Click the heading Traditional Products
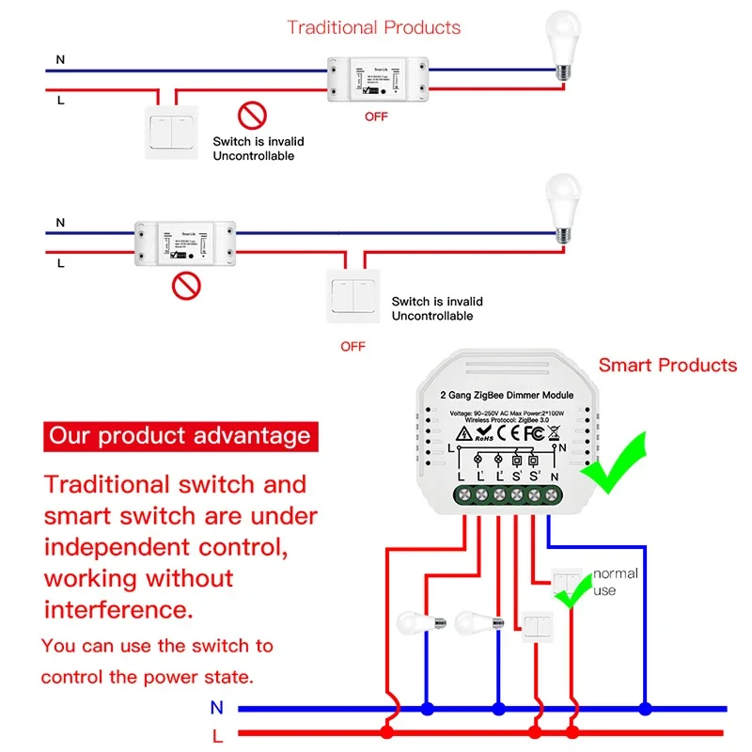374,26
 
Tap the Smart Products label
667,365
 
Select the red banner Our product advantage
180,436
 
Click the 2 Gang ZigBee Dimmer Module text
507,395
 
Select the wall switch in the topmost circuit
173,133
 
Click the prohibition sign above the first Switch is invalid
252,117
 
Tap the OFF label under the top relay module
376,117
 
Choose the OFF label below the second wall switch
352,347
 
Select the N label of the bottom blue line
217,708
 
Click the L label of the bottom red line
217,734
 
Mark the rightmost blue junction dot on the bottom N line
645,708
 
